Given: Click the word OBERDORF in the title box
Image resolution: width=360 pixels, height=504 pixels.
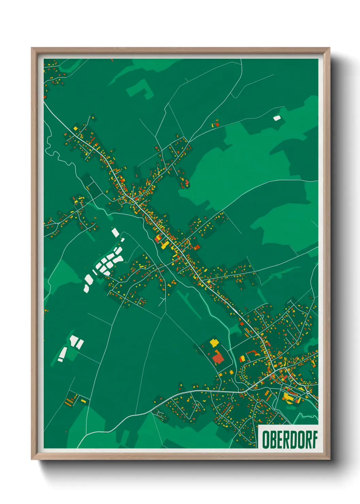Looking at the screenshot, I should pos(290,439).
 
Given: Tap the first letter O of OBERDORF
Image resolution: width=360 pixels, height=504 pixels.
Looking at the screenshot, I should pos(265,439).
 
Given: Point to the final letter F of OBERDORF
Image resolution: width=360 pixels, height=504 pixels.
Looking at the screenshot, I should pos(315,439).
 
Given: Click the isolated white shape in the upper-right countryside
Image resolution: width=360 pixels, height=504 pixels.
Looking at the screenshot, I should pos(277,118).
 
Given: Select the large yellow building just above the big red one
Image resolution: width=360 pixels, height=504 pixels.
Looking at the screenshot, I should pos(214,342).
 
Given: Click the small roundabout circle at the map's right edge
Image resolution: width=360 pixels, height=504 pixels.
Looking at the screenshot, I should pos(308,392).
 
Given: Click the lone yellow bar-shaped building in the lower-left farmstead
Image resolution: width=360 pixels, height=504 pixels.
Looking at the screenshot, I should pos(83,401).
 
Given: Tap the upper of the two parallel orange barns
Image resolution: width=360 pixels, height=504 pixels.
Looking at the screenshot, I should pos(70,399).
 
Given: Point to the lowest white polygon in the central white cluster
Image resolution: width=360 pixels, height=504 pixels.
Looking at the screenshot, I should pos(87,288).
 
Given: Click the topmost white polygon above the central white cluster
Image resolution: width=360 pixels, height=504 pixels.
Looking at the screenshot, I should pos(115,233).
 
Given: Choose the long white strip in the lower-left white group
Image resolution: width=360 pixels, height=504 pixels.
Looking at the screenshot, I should pos(63,353).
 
